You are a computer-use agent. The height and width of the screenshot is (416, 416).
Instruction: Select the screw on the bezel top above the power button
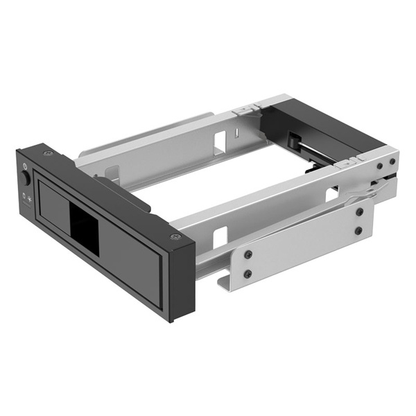pos(46,153)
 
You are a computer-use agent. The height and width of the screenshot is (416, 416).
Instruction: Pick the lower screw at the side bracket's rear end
pos(359,230)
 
